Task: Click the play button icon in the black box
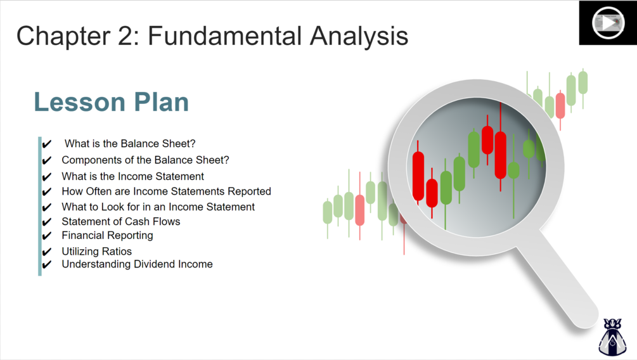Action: [x=608, y=23]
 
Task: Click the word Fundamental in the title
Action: [x=225, y=35]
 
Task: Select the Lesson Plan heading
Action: [x=112, y=101]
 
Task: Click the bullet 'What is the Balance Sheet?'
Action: [x=130, y=143]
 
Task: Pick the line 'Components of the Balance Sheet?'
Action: [x=145, y=160]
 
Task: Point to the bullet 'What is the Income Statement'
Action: [x=133, y=176]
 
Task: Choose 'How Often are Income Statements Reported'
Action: [x=166, y=191]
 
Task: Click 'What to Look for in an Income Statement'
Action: [x=158, y=207]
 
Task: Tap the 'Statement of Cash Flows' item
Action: [x=121, y=221]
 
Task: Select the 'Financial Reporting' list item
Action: [x=107, y=236]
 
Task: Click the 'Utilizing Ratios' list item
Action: [x=97, y=252]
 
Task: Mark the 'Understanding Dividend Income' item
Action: [x=138, y=264]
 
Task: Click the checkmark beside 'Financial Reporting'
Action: [x=47, y=236]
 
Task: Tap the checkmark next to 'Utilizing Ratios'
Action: [x=47, y=252]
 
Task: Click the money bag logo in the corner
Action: [x=612, y=337]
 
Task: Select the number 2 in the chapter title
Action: [x=125, y=35]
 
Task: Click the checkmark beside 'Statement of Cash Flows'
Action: [x=47, y=222]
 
